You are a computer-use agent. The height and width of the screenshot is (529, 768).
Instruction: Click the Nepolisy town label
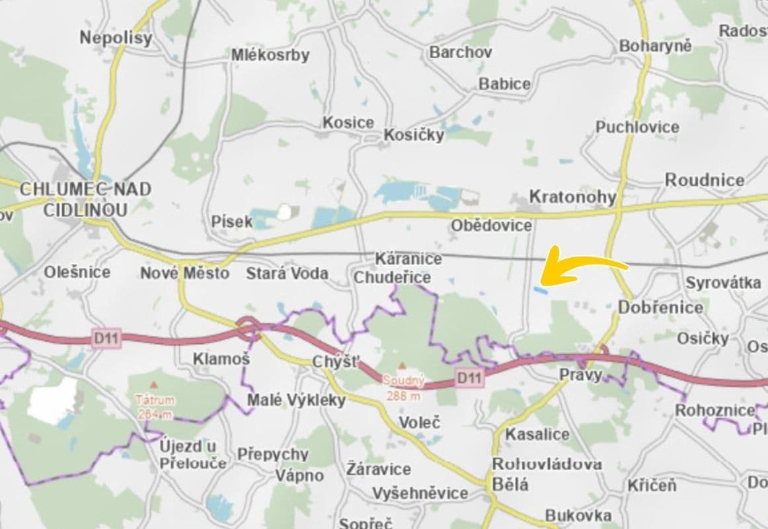116,38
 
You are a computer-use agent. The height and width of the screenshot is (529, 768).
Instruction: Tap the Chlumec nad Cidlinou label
85,199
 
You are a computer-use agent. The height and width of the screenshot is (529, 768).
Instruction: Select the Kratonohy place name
572,197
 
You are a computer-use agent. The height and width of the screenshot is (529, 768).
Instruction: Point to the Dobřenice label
660,307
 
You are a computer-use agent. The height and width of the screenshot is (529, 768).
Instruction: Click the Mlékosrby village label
270,56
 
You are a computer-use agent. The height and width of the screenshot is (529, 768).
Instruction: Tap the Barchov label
461,52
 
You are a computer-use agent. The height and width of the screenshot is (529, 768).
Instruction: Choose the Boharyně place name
655,46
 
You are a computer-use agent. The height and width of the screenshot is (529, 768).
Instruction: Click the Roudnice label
704,180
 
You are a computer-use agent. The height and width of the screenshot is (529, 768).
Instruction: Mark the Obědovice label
491,225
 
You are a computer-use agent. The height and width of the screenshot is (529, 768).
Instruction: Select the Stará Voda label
287,273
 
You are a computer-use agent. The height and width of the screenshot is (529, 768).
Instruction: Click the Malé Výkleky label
296,400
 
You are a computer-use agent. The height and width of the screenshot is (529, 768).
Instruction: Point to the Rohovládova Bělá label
546,474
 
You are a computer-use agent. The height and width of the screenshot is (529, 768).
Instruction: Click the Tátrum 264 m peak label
155,405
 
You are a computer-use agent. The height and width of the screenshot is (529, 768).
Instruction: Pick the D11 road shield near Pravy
469,378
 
